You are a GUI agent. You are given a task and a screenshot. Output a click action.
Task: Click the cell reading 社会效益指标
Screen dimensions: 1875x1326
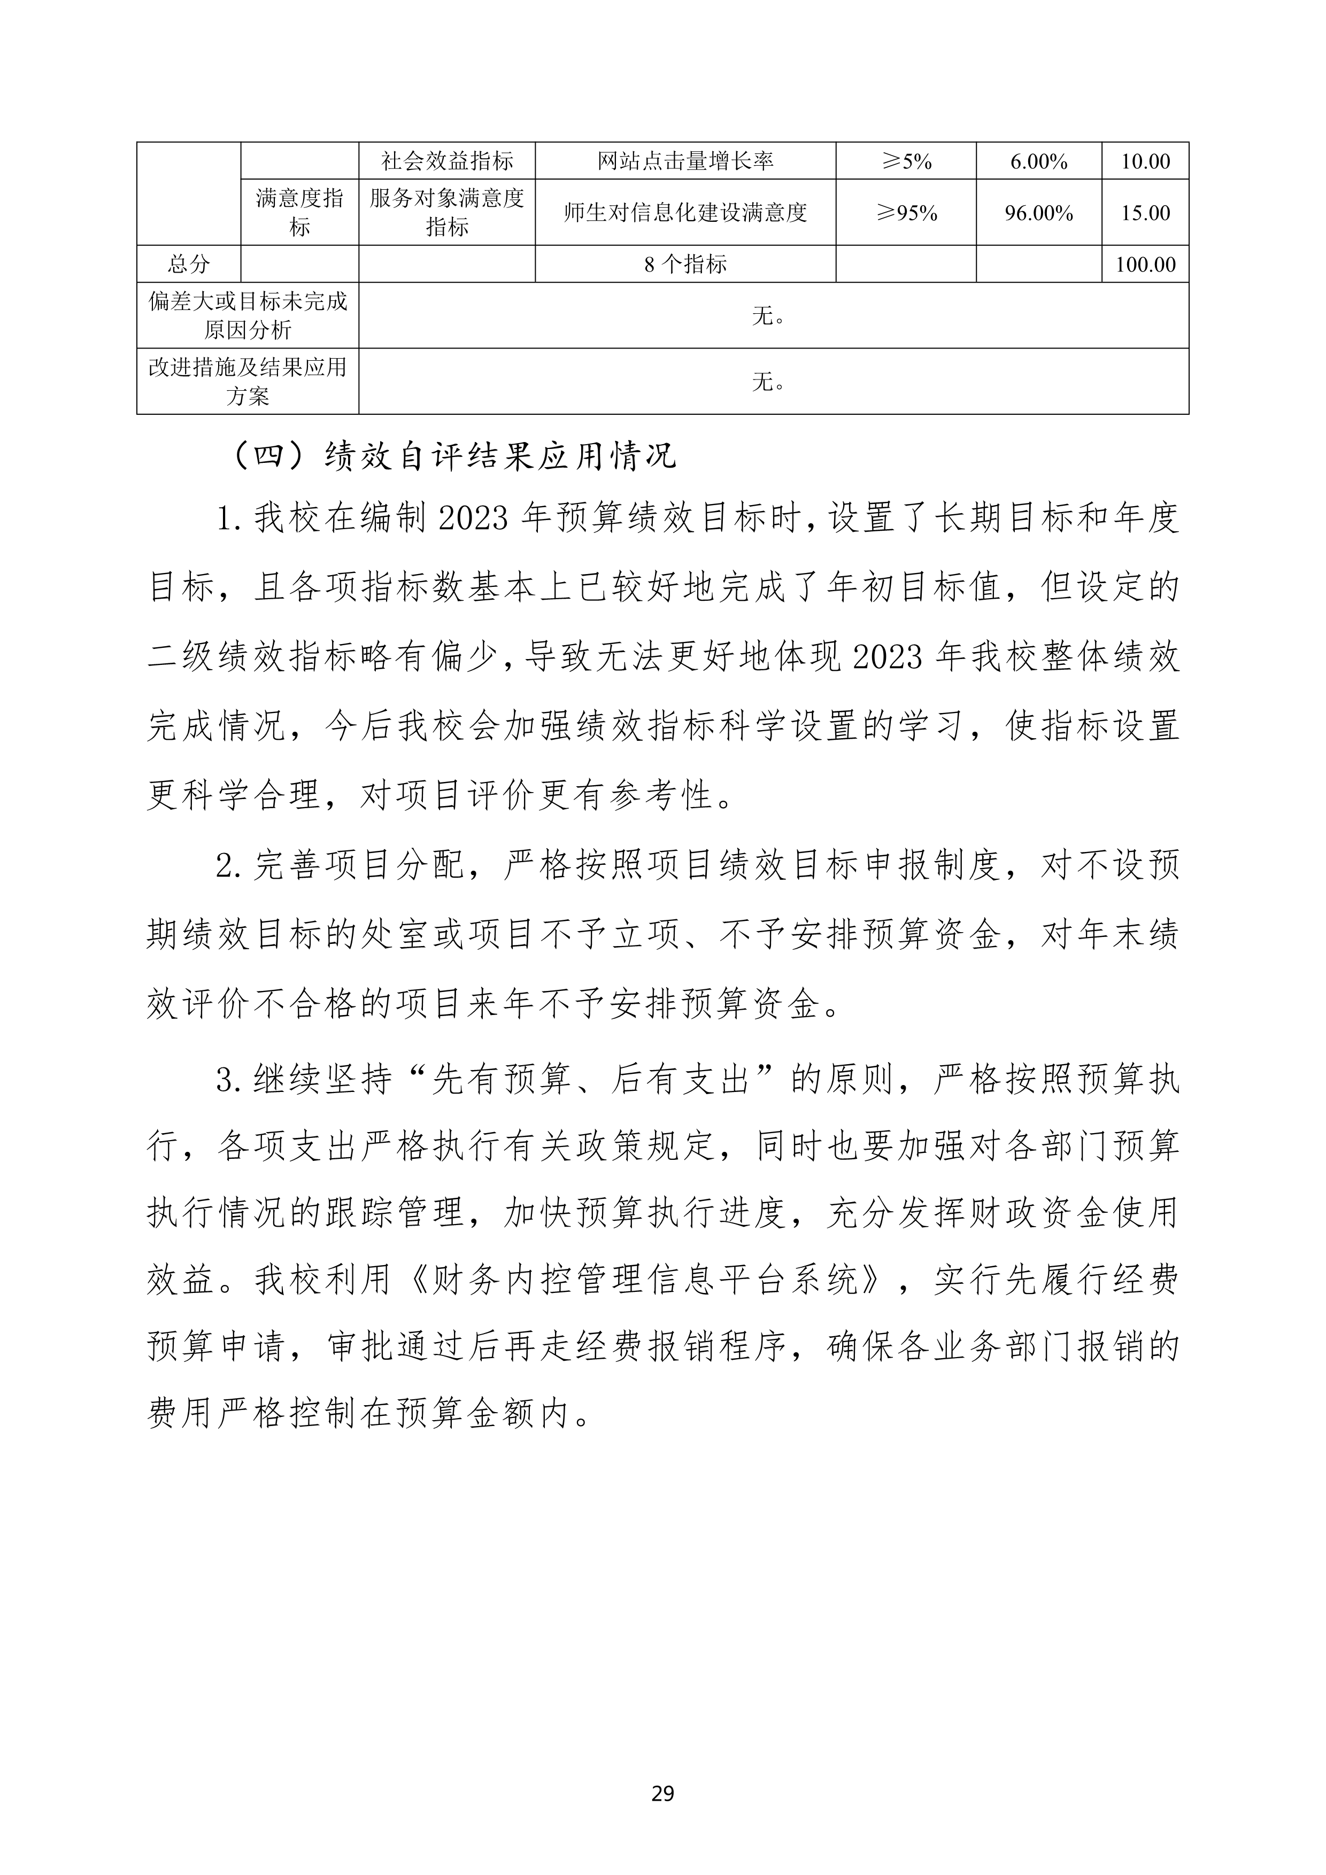click(x=447, y=161)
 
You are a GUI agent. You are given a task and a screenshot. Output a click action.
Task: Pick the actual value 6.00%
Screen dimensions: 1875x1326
click(x=1038, y=161)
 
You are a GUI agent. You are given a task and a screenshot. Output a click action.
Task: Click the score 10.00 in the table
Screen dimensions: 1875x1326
click(x=1145, y=161)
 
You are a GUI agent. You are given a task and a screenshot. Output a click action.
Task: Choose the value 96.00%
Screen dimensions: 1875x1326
click(x=1038, y=212)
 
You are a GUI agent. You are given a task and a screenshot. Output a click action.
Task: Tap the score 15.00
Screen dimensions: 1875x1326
click(x=1145, y=212)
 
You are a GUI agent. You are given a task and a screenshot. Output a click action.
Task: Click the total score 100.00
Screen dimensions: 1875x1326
click(x=1145, y=265)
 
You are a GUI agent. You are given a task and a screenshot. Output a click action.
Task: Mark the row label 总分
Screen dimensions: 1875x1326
click(x=189, y=265)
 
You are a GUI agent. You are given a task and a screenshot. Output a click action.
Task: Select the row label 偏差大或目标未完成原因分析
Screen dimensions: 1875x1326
click(x=248, y=315)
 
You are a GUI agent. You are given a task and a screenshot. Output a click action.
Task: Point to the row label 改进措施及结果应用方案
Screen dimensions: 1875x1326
click(x=248, y=382)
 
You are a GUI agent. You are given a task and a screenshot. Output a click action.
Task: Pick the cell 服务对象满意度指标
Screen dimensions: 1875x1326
click(x=447, y=212)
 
